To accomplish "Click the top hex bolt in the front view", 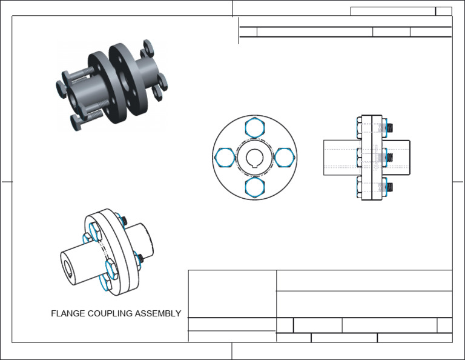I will click(254, 128).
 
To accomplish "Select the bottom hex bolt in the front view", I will click(254, 186).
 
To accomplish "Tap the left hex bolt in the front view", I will click(225, 158).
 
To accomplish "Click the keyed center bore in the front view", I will click(254, 158).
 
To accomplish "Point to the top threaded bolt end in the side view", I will click(390, 128).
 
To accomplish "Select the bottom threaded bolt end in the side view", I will click(390, 187).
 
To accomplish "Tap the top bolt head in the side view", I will click(359, 128).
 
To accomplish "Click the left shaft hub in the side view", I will click(341, 158).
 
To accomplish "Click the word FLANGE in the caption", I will click(66, 314).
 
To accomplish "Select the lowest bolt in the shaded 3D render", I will click(79, 121).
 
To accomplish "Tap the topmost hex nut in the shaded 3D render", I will click(148, 46).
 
